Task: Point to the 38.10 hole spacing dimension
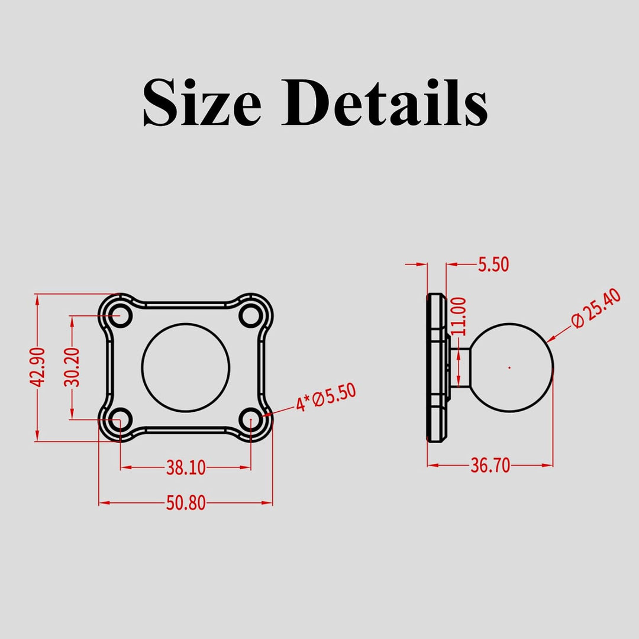coord(186,467)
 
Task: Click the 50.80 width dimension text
coord(186,503)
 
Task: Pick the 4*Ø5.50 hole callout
coord(326,398)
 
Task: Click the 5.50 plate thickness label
coord(493,264)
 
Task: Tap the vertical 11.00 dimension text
coord(460,316)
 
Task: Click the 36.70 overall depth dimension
coord(490,466)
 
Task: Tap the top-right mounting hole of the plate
coord(251,315)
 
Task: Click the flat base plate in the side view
coord(436,367)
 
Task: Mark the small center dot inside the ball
coord(509,367)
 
